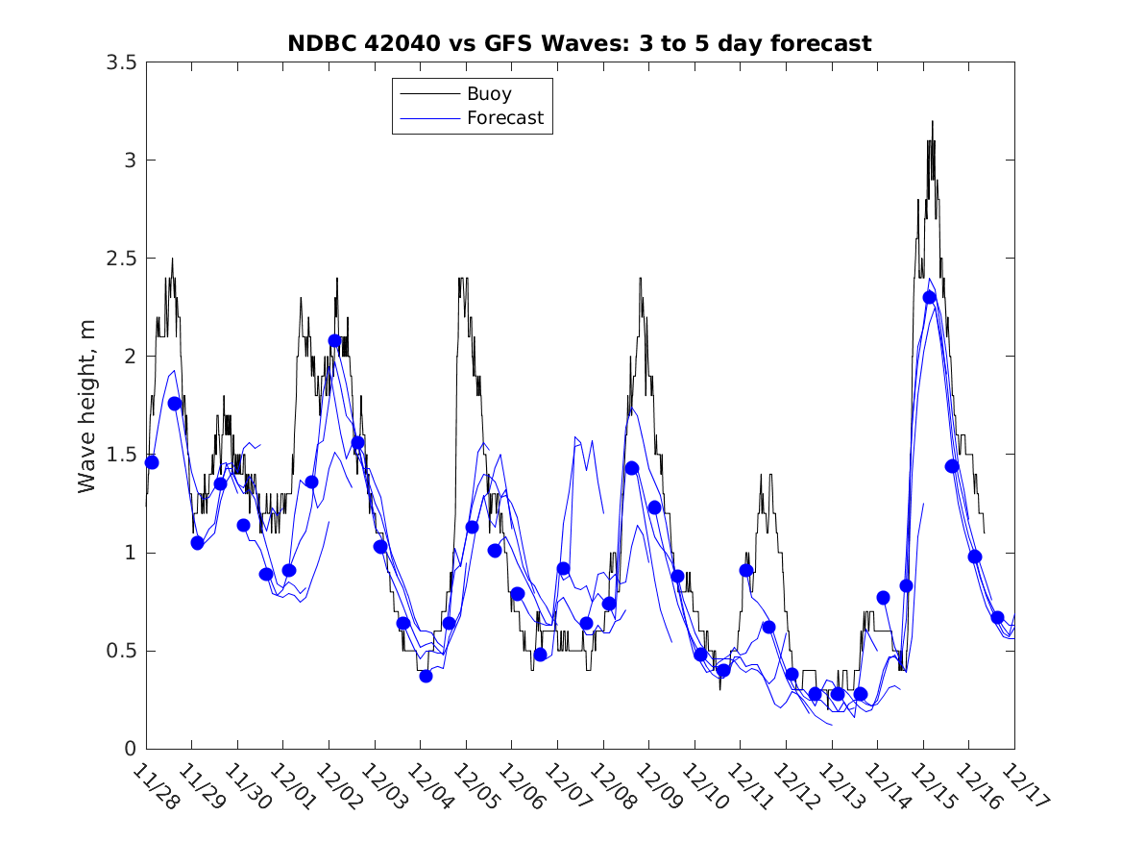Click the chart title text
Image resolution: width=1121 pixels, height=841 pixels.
pos(579,44)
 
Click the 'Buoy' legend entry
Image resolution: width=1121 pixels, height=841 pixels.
pos(489,94)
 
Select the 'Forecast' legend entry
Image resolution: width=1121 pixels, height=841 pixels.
pos(505,118)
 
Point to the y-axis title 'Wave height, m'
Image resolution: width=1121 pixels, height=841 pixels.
pos(87,406)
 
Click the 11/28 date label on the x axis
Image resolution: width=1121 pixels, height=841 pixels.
pos(155,786)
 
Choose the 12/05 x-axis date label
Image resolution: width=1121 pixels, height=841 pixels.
pos(475,786)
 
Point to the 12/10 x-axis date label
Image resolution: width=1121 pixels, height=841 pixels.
pos(703,786)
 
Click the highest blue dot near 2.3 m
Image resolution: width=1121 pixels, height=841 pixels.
pos(929,297)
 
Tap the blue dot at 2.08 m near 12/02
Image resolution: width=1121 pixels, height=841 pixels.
pos(334,340)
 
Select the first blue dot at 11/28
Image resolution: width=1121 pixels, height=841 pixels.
pos(151,462)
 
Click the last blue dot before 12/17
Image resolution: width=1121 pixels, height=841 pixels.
pos(997,617)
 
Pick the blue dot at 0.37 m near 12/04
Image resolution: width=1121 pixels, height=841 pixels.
pos(426,676)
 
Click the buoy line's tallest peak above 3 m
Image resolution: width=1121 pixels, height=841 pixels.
pos(932,122)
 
